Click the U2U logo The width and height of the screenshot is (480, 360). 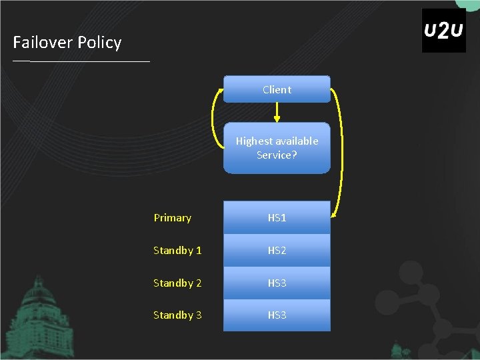[x=443, y=31]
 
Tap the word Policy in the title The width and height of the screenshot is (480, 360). [x=99, y=43]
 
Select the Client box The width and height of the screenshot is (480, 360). [x=277, y=89]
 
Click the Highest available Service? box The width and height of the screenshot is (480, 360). [x=277, y=148]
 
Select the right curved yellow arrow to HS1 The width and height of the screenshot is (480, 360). [x=339, y=150]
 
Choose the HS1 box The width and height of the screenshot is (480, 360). [x=277, y=218]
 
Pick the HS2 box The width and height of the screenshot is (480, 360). [x=277, y=251]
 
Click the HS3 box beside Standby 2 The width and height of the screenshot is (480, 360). [x=277, y=283]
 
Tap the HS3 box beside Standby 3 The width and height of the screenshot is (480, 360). [x=277, y=315]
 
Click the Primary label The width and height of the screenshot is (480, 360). [x=172, y=218]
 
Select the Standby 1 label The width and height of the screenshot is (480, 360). [x=177, y=251]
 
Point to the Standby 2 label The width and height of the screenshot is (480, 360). [x=177, y=283]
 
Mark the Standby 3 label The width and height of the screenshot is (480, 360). [x=177, y=315]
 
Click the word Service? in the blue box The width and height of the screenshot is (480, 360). [x=277, y=155]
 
